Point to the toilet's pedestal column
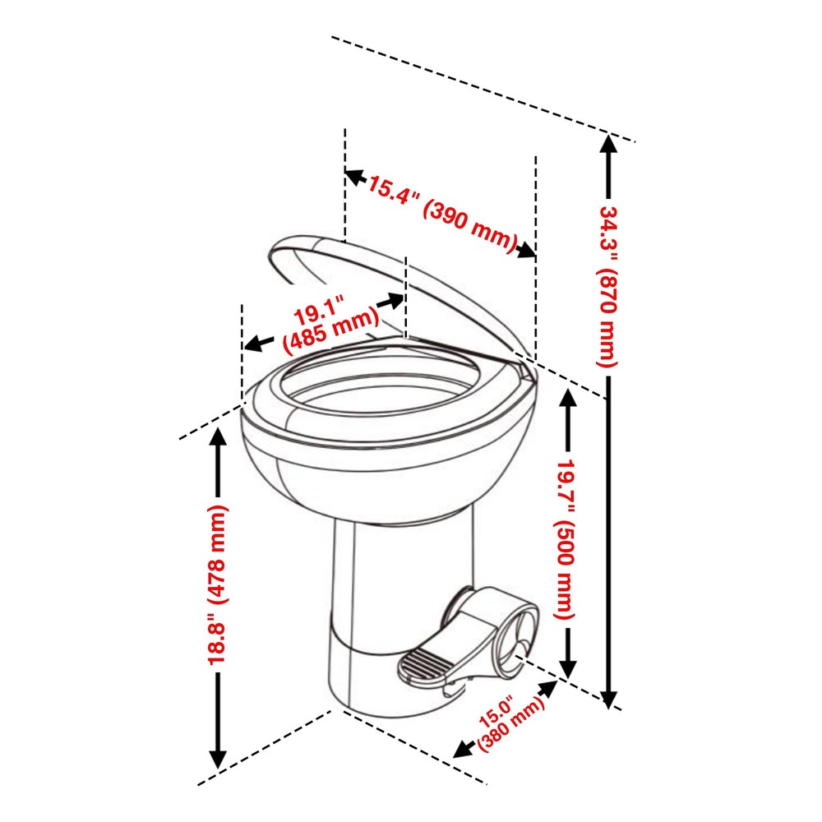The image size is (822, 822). pos(403,592)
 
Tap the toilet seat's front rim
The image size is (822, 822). pos(329,440)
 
